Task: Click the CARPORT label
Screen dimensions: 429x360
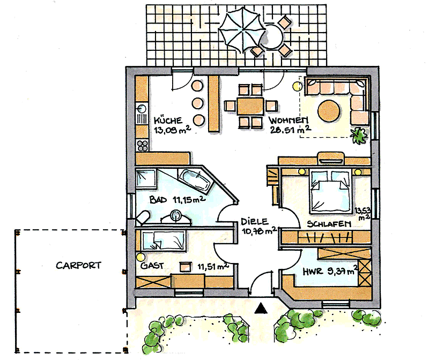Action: click(78, 265)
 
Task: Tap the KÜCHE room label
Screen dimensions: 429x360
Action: click(168, 121)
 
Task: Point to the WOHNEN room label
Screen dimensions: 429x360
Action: click(289, 120)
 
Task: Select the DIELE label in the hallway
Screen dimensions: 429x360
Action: click(254, 221)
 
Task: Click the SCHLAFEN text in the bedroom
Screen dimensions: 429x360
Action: click(329, 224)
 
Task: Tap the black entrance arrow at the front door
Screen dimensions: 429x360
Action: click(261, 308)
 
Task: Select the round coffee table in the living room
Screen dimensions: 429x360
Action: click(329, 111)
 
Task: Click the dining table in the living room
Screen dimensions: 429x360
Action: click(250, 106)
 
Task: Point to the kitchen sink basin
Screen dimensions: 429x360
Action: click(142, 109)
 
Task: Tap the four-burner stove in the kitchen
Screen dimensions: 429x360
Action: click(143, 146)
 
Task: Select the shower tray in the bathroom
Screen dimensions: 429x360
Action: click(146, 178)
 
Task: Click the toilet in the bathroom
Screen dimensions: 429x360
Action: click(143, 218)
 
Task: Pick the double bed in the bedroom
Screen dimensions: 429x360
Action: click(330, 191)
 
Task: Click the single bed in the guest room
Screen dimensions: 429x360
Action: click(164, 241)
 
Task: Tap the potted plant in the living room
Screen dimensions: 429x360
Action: click(359, 136)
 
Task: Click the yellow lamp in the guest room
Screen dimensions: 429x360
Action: click(140, 257)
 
